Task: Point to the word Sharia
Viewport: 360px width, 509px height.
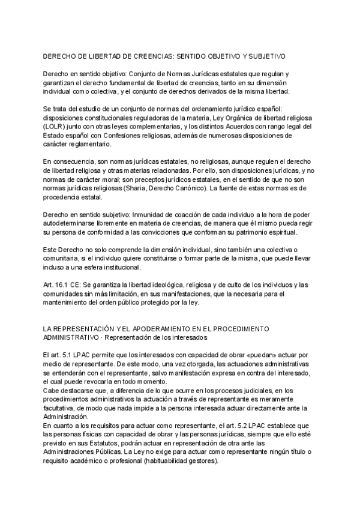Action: [x=134, y=188]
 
